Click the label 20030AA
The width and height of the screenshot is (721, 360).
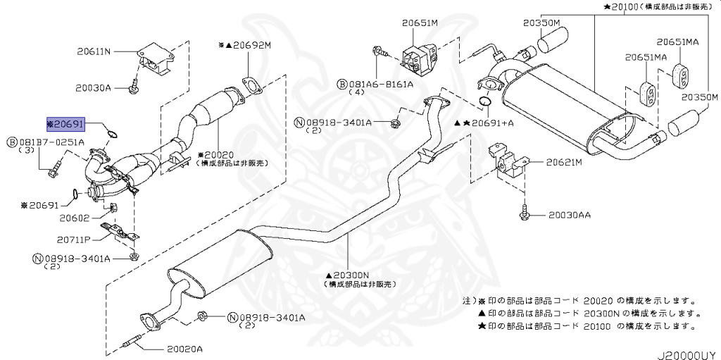570,214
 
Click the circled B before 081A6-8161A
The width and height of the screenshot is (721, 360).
341,83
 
